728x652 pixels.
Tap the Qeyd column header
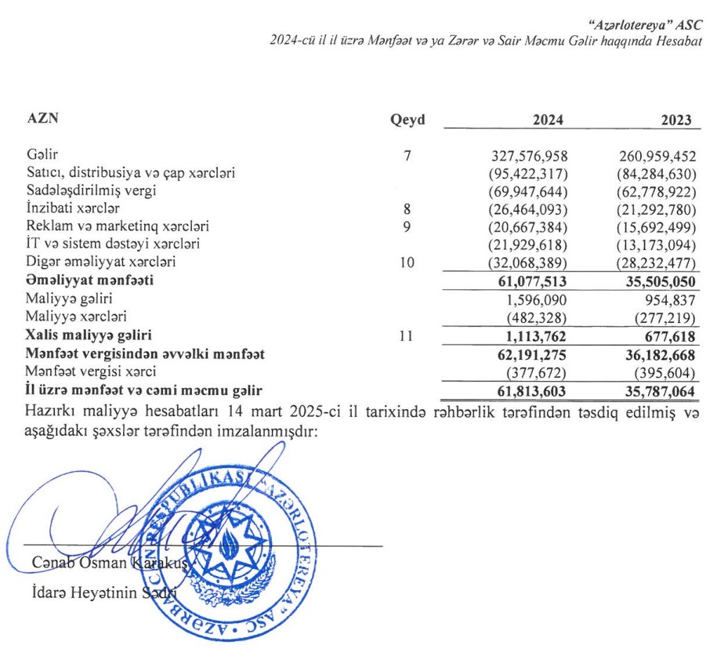pos(407,120)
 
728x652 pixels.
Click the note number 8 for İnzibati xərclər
pos(407,208)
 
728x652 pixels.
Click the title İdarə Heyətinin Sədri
pos(101,593)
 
